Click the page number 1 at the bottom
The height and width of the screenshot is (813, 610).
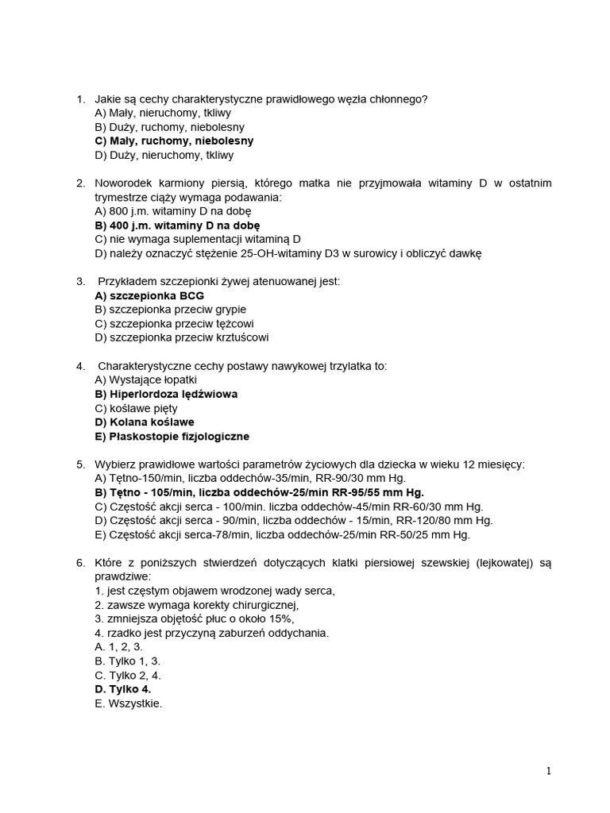[x=548, y=770]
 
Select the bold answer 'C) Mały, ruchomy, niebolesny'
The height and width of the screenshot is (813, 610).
[x=174, y=141]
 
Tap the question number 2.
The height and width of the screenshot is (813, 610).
[x=80, y=183]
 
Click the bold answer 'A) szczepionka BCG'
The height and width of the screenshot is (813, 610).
[x=149, y=295]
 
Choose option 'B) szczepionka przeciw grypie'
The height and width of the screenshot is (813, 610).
[x=170, y=309]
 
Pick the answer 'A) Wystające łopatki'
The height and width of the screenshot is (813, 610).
[x=145, y=380]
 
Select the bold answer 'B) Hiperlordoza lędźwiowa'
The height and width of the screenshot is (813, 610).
[x=166, y=394]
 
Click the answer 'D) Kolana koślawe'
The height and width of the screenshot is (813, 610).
[x=145, y=422]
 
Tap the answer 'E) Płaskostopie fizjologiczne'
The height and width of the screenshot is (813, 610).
[x=172, y=437]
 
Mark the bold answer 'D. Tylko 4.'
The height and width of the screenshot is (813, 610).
[x=122, y=689]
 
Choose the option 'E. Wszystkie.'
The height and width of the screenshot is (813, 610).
[x=128, y=703]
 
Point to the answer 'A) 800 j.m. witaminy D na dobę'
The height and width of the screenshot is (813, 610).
[x=172, y=211]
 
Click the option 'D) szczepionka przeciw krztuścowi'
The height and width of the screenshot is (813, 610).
[x=181, y=337]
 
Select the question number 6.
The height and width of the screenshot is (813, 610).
[x=80, y=563]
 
